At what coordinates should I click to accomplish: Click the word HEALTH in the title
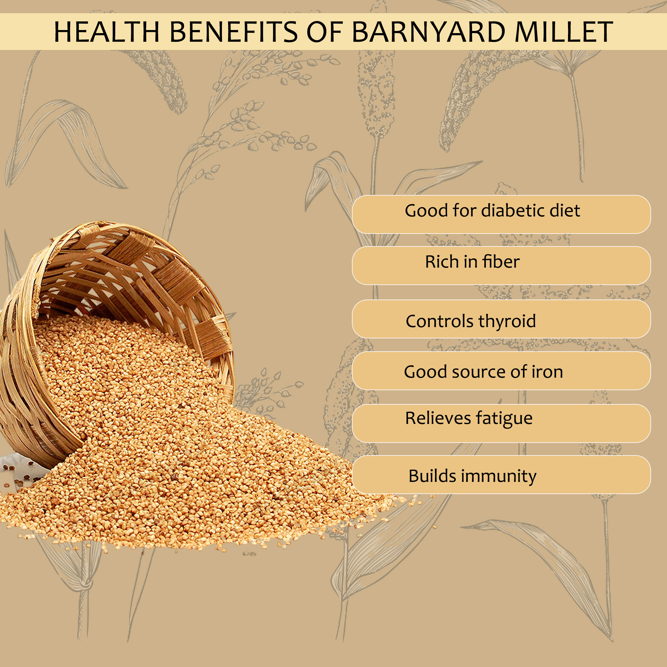(107, 32)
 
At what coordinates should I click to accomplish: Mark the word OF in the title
(325, 32)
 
